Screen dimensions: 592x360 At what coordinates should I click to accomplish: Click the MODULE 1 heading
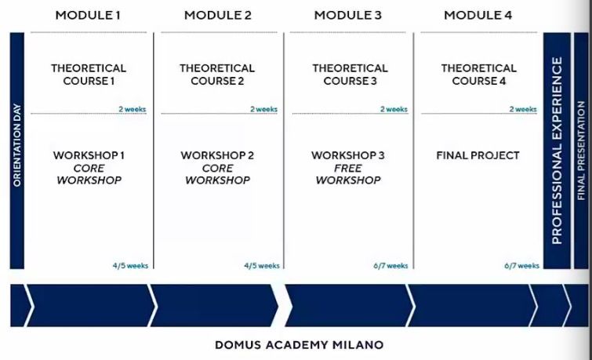pos(88,15)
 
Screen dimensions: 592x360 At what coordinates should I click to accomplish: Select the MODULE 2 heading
pos(217,15)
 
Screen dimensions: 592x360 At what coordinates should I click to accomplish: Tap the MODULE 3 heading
pos(347,15)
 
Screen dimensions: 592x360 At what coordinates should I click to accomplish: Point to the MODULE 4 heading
pos(478,15)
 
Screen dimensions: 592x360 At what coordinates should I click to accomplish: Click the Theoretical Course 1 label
pos(89,75)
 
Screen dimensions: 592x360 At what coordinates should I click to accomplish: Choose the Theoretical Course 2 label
pos(217,75)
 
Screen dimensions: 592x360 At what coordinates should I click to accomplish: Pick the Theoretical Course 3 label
pos(349,75)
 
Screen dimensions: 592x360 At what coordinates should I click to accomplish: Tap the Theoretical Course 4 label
pos(478,75)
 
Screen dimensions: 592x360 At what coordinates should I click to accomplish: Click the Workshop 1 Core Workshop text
pos(89,168)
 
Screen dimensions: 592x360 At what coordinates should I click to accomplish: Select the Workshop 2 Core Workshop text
pos(217,168)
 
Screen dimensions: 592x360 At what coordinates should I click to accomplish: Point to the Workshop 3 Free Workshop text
pos(348,168)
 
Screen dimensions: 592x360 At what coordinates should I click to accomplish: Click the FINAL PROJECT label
pos(478,155)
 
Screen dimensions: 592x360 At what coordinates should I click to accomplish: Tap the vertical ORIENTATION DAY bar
pos(16,149)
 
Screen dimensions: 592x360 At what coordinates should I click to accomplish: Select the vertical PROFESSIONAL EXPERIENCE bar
pos(557,149)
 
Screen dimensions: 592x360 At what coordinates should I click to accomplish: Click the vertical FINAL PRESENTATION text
pos(581,149)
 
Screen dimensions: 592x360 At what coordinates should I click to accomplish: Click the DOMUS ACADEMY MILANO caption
pos(300,344)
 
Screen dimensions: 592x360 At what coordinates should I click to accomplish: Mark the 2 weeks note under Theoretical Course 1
pos(132,109)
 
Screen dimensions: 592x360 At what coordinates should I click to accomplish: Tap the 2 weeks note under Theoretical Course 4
pos(522,109)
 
